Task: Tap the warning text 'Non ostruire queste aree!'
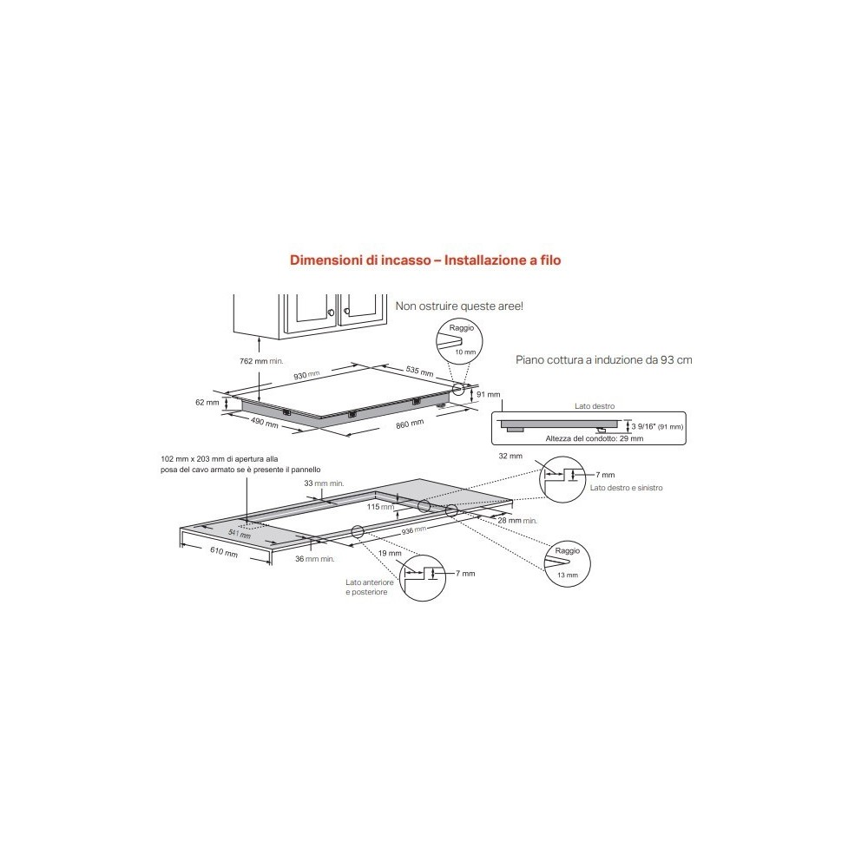coord(459,306)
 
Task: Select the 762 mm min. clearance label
coord(260,360)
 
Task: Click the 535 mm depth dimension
coord(419,371)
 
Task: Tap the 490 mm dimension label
coord(266,424)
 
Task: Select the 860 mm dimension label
coord(409,423)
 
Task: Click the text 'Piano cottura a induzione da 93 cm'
coord(603,358)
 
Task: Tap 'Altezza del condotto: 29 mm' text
coord(595,439)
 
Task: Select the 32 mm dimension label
coord(511,456)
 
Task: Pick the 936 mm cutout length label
coord(412,529)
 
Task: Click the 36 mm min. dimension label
coord(314,559)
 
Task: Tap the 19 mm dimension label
coord(391,553)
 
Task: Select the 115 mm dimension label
coord(375,506)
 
